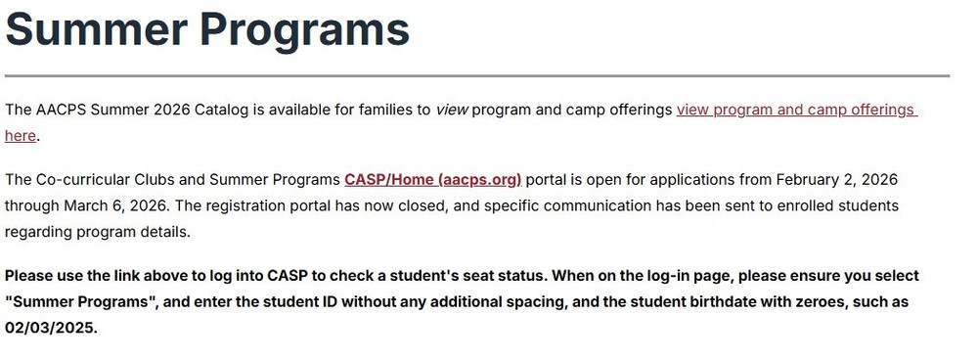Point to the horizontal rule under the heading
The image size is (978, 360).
tap(476, 75)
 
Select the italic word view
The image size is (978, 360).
tap(452, 110)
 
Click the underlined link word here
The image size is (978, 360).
tap(21, 136)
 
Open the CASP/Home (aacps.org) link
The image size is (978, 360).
tap(432, 180)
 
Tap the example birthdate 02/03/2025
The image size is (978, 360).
tap(49, 328)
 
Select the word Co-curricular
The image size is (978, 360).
tap(83, 180)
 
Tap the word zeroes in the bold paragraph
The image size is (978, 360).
tap(810, 302)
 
